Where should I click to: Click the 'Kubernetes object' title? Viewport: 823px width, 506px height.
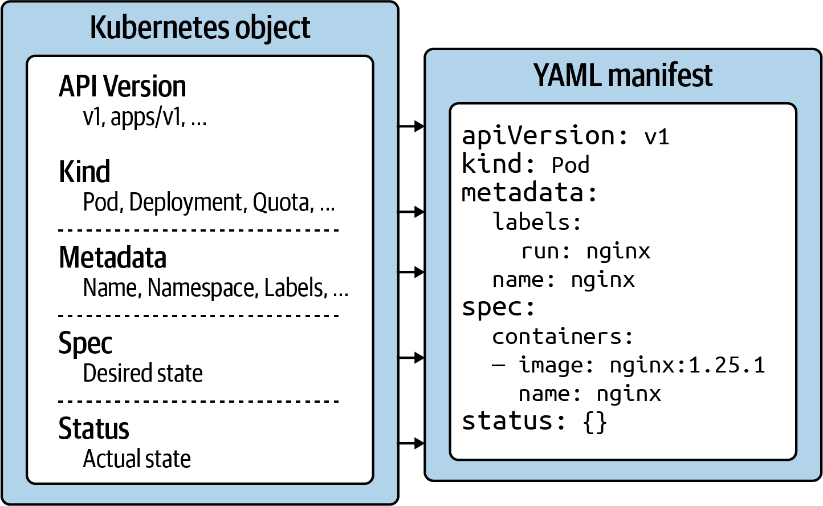(x=200, y=27)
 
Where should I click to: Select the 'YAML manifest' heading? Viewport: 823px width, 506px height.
(x=622, y=75)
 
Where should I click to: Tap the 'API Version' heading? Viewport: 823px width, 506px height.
(x=123, y=87)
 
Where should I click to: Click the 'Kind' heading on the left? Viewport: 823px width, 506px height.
(x=84, y=172)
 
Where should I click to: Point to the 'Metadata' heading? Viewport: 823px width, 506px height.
(x=112, y=257)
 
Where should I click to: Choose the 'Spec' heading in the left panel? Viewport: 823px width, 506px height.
(x=85, y=343)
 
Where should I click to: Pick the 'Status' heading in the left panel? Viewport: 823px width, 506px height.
(x=93, y=428)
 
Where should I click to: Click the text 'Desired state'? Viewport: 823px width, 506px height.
(x=142, y=374)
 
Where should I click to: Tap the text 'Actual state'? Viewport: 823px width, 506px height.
(x=137, y=459)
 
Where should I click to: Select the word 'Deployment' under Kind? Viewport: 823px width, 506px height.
(x=186, y=203)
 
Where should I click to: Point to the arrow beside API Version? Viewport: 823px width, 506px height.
(x=411, y=126)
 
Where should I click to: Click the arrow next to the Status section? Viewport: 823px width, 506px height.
(x=411, y=443)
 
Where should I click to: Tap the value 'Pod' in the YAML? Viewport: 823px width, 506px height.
(x=570, y=165)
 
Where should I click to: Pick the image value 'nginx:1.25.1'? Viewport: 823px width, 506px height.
(x=687, y=365)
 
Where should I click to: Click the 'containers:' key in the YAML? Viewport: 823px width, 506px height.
(x=563, y=337)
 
